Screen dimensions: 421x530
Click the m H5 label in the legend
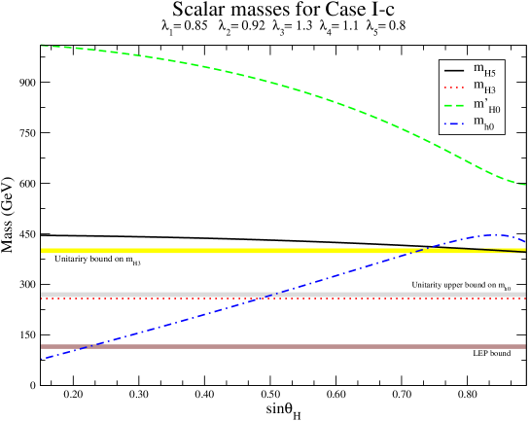tap(484, 70)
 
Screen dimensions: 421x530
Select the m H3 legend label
tap(484, 88)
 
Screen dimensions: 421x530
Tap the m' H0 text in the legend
tap(486, 106)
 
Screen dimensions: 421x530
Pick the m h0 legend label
tap(483, 123)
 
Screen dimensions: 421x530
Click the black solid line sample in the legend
tap(454, 71)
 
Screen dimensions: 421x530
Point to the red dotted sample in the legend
tap(454, 88)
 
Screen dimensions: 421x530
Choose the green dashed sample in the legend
tap(454, 106)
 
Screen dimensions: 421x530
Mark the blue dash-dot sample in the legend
tap(454, 123)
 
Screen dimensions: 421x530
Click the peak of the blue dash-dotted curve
tap(496, 234)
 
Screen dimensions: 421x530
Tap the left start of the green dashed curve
tap(42, 47)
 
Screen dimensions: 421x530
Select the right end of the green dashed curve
tap(525, 185)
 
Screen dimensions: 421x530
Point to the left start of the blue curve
tap(42, 359)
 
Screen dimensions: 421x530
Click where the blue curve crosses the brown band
tap(86, 346)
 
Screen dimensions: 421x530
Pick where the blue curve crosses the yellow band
tap(421, 250)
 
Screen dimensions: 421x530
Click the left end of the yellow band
tap(42, 251)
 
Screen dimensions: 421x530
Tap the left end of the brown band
tap(42, 346)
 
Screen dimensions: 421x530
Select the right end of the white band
tap(525, 294)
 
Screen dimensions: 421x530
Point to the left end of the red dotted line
tap(42, 298)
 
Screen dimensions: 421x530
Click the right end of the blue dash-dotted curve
tap(525, 240)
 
